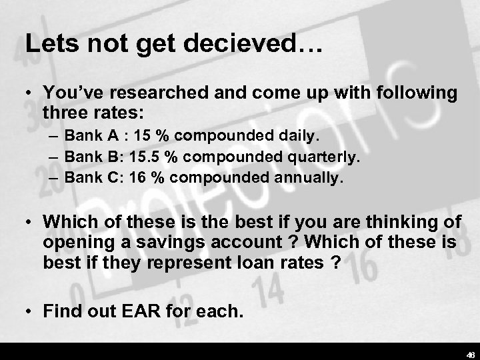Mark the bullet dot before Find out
[x=29, y=310]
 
